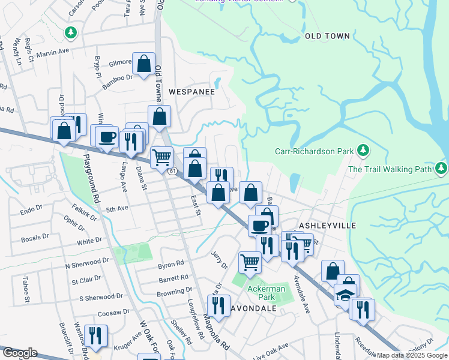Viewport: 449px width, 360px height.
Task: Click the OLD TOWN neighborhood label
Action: point(327,36)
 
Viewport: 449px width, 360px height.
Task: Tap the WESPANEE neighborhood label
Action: point(191,92)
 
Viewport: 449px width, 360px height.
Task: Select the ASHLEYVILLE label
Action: point(328,225)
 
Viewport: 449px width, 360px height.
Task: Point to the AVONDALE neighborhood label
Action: point(252,308)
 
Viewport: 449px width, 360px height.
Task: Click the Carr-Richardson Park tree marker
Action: point(363,149)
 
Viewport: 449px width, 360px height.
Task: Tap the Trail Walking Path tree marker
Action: point(442,167)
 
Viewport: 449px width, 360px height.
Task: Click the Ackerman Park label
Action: point(265,292)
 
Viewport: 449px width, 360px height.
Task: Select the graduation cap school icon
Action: point(345,295)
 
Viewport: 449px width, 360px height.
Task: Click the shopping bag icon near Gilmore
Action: point(144,64)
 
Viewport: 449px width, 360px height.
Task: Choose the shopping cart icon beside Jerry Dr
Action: point(250,262)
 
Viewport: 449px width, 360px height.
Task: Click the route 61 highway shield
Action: point(172,172)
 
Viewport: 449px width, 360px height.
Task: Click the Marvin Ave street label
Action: point(54,53)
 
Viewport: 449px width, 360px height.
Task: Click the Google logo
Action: point(19,353)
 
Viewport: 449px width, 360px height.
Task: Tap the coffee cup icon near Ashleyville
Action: point(260,226)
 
